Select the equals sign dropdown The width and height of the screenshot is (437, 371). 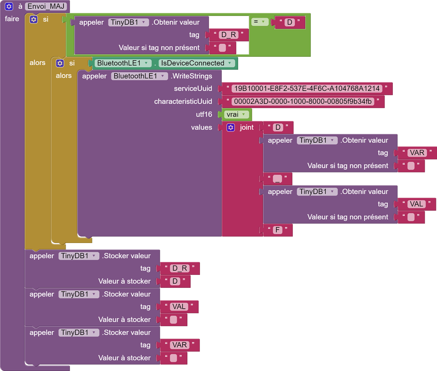click(260, 22)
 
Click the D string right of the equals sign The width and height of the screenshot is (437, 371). click(289, 23)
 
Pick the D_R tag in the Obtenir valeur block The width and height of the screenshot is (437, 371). click(228, 35)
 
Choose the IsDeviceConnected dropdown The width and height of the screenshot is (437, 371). click(197, 63)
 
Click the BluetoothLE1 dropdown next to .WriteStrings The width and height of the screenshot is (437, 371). click(139, 76)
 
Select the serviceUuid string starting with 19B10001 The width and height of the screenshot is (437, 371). click(307, 89)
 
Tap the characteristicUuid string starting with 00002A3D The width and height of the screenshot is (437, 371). click(303, 102)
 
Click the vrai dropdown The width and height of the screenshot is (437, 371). click(236, 114)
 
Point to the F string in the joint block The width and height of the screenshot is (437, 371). click(277, 230)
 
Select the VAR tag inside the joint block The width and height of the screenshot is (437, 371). click(416, 153)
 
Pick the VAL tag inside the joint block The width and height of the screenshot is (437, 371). click(416, 204)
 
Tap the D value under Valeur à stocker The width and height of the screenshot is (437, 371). click(175, 281)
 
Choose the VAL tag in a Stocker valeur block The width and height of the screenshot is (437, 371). click(179, 307)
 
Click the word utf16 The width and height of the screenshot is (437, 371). click(204, 114)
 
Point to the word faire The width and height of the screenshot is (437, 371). click(12, 19)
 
